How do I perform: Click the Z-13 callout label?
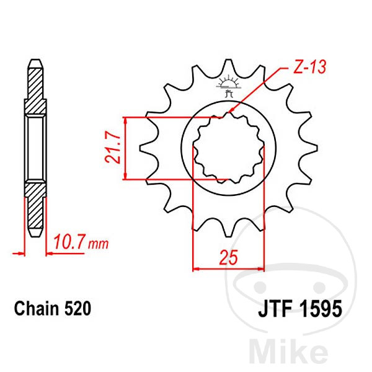coord(310,66)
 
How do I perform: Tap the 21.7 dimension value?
coord(112,148)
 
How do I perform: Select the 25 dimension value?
coord(228,257)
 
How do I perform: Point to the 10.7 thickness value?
coord(69,242)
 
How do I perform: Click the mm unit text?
coord(98,244)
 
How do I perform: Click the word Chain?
coord(37,309)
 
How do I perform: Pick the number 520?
coord(77,309)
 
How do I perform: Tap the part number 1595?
coord(321,309)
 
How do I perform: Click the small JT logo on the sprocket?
coord(228,87)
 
